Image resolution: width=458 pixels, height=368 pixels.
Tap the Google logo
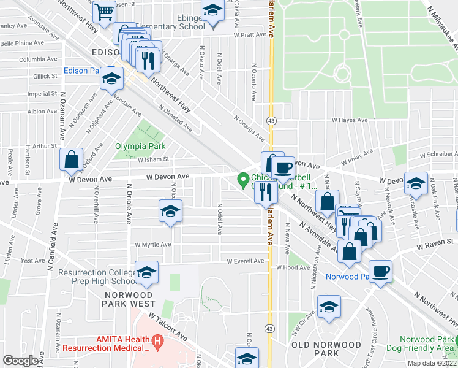[20, 361]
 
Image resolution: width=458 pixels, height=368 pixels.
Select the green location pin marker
[243, 180]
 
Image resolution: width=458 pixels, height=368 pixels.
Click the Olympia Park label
[135, 146]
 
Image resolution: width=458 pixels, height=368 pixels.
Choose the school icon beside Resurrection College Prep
[147, 274]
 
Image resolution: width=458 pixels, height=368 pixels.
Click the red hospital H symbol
[157, 339]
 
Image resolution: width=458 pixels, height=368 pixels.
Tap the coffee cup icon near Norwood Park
[380, 271]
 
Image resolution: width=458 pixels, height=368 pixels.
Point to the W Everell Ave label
[245, 261]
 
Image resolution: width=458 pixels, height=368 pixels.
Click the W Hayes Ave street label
[349, 120]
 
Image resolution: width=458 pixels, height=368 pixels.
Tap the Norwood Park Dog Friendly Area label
[428, 343]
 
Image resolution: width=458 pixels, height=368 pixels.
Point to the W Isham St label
[152, 159]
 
